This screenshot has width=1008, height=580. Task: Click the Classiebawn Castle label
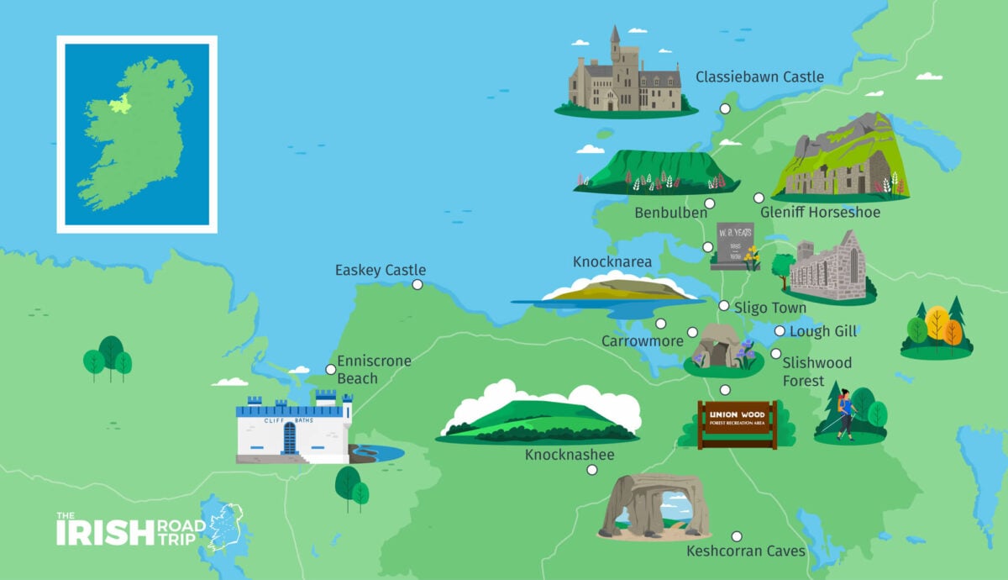click(759, 77)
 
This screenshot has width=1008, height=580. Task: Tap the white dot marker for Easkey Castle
click(417, 285)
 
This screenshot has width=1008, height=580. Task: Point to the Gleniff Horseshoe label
click(820, 213)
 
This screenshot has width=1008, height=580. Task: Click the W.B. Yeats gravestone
click(733, 245)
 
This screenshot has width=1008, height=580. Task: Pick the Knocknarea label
click(612, 262)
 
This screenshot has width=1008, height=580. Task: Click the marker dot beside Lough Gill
click(780, 331)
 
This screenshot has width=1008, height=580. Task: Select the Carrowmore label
click(642, 341)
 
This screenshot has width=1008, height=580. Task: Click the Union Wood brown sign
click(737, 424)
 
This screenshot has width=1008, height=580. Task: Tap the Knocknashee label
click(570, 455)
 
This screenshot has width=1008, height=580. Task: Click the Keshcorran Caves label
click(746, 551)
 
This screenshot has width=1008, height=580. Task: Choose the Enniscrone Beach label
click(374, 370)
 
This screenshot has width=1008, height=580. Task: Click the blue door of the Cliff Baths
click(290, 438)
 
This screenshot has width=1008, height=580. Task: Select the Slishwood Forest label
click(816, 372)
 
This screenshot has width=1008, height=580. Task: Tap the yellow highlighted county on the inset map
click(121, 104)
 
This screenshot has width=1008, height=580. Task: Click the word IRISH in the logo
click(105, 531)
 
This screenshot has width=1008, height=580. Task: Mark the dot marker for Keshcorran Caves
click(737, 536)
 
